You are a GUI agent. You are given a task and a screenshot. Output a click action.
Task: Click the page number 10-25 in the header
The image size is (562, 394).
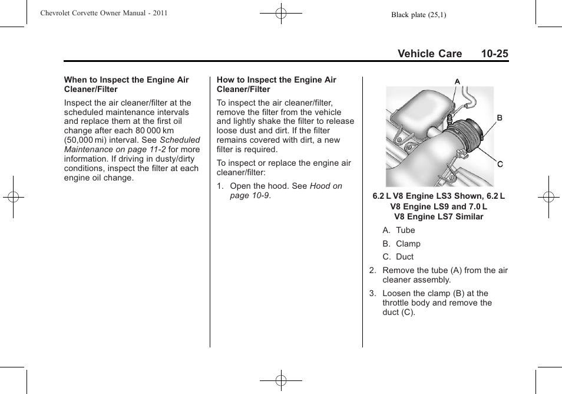click(494, 54)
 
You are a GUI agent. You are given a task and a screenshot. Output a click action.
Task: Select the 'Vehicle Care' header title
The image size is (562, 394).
click(429, 54)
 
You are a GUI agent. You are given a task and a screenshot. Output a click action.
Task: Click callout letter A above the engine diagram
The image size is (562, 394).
click(457, 81)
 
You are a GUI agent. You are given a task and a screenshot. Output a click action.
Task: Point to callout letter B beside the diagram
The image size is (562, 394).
click(500, 118)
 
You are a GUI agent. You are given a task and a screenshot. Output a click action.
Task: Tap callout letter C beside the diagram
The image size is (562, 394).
click(500, 164)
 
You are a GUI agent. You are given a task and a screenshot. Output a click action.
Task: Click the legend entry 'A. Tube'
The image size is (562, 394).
click(399, 231)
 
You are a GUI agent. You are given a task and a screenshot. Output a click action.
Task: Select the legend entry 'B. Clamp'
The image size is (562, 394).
click(401, 244)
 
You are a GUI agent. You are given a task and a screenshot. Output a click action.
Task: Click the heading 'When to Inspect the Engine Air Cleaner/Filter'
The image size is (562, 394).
click(126, 84)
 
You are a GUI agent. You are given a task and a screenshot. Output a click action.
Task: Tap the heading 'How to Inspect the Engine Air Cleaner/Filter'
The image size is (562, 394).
click(276, 84)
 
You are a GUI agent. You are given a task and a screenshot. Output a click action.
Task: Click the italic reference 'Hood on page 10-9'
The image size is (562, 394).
click(286, 191)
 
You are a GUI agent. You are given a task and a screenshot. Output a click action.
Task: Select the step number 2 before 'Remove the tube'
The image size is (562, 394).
click(372, 271)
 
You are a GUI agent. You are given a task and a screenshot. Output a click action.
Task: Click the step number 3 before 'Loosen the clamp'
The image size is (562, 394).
click(372, 293)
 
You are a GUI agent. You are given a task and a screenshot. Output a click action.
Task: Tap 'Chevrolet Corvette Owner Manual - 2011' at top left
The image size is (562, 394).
click(104, 12)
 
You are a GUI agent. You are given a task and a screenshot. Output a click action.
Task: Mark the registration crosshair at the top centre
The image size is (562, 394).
click(281, 12)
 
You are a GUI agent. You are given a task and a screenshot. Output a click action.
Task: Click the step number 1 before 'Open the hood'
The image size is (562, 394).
click(220, 186)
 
